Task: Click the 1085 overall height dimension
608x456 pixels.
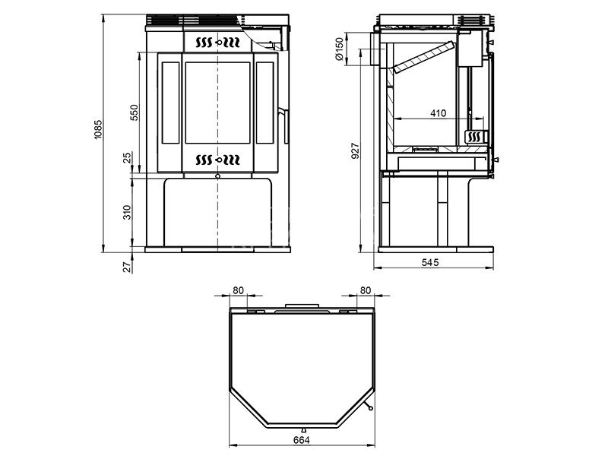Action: [x=98, y=129]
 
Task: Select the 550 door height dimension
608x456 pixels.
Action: [x=135, y=112]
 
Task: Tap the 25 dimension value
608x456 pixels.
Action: [x=128, y=158]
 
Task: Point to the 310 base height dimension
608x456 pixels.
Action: [x=128, y=213]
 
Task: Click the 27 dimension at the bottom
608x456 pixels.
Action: [x=128, y=268]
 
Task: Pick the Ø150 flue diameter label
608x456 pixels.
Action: [x=339, y=49]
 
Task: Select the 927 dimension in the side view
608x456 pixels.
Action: [x=356, y=151]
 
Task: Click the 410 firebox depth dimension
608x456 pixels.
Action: [x=439, y=113]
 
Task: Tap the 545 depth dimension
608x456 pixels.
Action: [x=430, y=262]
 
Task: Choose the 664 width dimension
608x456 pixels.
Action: [x=302, y=440]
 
